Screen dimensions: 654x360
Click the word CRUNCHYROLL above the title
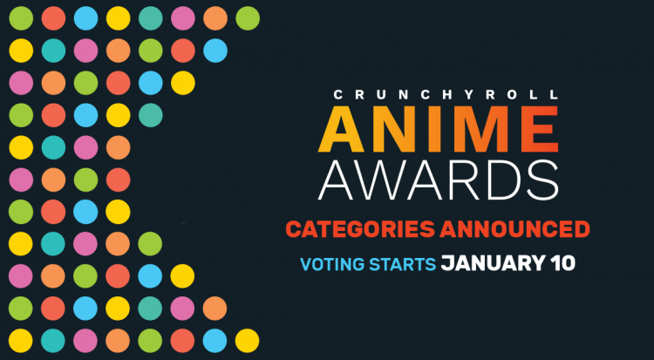pyautogui.click(x=446, y=95)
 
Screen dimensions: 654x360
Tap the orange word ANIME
pyautogui.click(x=439, y=130)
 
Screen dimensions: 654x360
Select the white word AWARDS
pyautogui.click(x=439, y=180)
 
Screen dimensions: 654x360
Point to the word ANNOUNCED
pyautogui.click(x=514, y=229)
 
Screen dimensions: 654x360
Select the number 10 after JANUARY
pyautogui.click(x=561, y=263)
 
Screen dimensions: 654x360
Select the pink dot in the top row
pyautogui.click(x=183, y=18)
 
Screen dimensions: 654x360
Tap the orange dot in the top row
pyautogui.click(x=215, y=18)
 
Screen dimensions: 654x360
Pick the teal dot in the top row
pyautogui.click(x=151, y=18)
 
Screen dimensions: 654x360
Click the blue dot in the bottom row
pyautogui.click(x=215, y=341)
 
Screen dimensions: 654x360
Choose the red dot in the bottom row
pyautogui.click(x=182, y=341)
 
